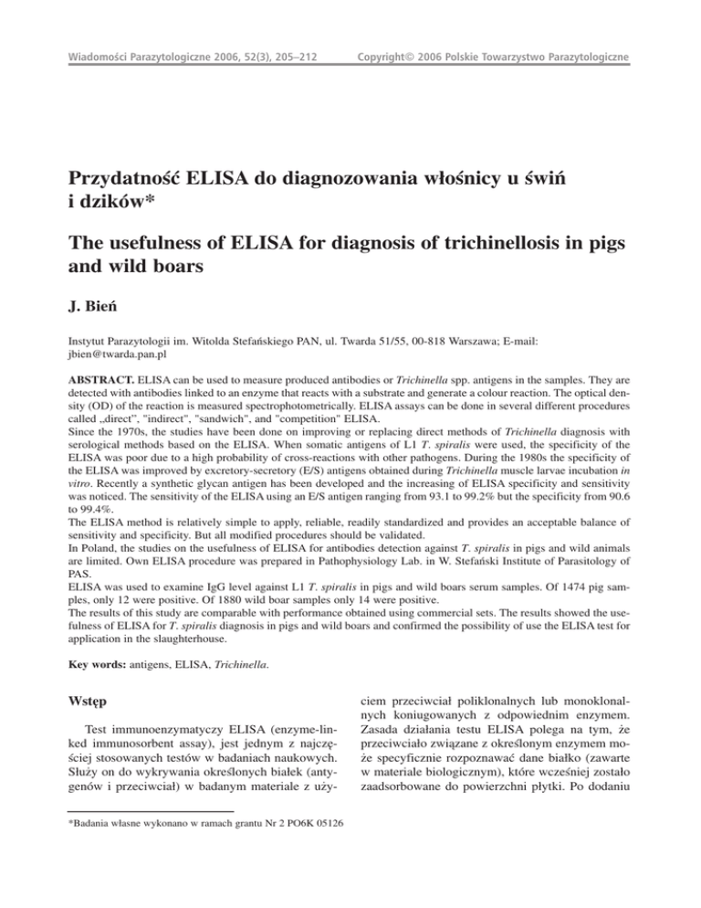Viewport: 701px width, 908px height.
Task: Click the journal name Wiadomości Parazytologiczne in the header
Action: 142,60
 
